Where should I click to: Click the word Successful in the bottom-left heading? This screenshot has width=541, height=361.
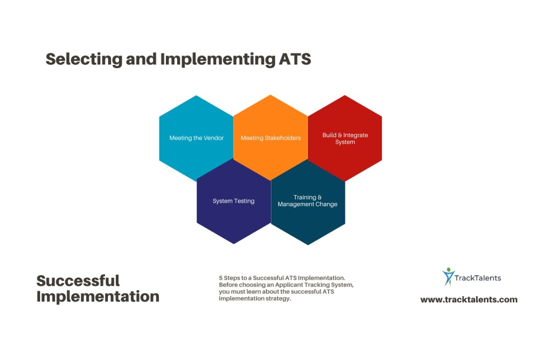(78, 281)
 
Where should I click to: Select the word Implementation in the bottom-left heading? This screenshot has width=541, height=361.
(98, 296)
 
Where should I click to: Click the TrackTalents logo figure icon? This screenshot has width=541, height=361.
(448, 277)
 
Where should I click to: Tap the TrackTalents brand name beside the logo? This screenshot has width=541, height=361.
(479, 278)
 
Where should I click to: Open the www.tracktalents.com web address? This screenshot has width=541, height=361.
(469, 299)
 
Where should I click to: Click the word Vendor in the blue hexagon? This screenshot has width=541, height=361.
(214, 138)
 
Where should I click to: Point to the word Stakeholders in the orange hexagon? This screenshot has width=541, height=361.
(283, 138)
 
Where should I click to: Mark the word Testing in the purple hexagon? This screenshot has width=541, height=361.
(244, 201)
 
